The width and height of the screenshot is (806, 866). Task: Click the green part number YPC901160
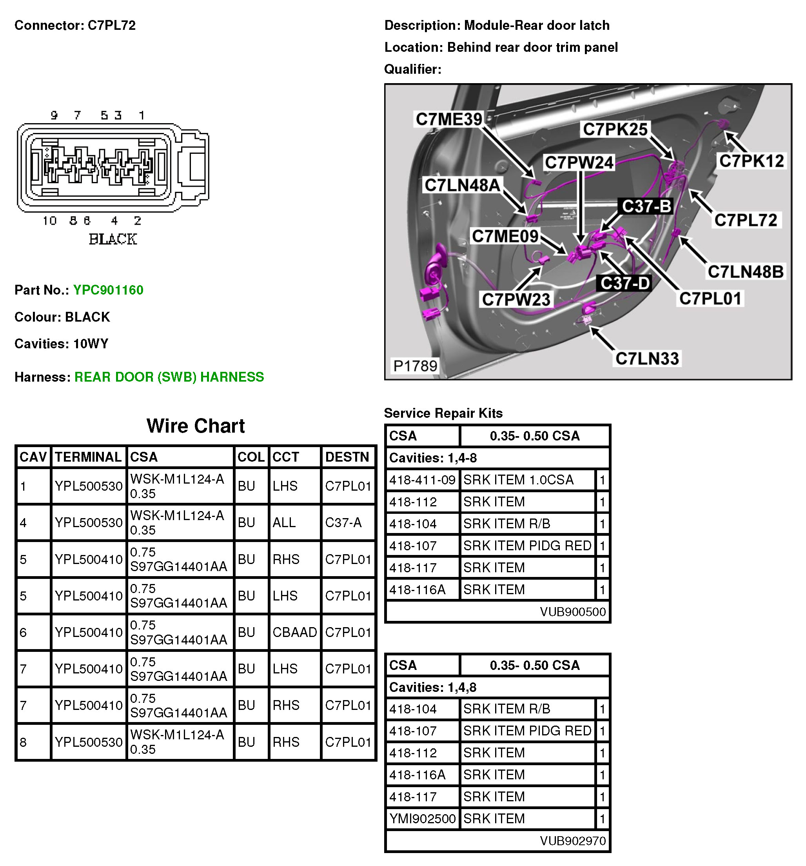pyautogui.click(x=108, y=290)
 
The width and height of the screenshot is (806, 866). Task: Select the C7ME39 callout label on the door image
pyautogui.click(x=449, y=119)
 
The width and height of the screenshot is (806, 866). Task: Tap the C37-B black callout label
pyautogui.click(x=646, y=206)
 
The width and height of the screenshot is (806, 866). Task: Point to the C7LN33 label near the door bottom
pyautogui.click(x=647, y=358)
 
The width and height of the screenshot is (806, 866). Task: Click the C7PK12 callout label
pyautogui.click(x=751, y=161)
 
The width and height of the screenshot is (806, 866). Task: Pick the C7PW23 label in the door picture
pyautogui.click(x=516, y=299)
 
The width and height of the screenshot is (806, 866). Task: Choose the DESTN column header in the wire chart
pyautogui.click(x=347, y=457)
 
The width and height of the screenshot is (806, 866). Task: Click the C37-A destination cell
pyautogui.click(x=343, y=522)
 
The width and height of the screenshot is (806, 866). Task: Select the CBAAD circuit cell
pyautogui.click(x=294, y=632)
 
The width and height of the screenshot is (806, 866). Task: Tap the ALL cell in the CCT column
pyautogui.click(x=284, y=522)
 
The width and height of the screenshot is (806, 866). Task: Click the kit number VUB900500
pyautogui.click(x=573, y=612)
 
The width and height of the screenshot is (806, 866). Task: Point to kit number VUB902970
pyautogui.click(x=573, y=841)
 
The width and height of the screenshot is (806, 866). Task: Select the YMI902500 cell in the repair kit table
pyautogui.click(x=422, y=819)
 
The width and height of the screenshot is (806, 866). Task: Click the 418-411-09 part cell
pyautogui.click(x=422, y=480)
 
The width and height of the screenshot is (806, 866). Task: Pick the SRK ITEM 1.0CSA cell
pyautogui.click(x=518, y=480)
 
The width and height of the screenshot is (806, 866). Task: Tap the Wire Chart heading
pyautogui.click(x=196, y=426)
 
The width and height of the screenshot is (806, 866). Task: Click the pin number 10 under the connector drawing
pyautogui.click(x=50, y=221)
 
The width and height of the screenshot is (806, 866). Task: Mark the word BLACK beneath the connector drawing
pyautogui.click(x=113, y=239)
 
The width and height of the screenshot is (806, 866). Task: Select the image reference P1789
pyautogui.click(x=415, y=366)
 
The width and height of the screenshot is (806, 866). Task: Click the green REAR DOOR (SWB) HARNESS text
pyautogui.click(x=169, y=377)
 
